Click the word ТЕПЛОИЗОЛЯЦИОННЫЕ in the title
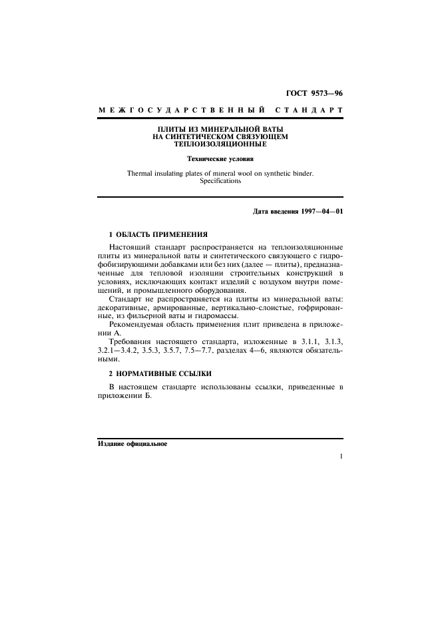(x=220, y=143)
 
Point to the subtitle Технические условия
(x=220, y=159)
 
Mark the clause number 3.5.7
(x=197, y=350)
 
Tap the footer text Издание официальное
(x=132, y=443)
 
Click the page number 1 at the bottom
(x=340, y=457)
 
